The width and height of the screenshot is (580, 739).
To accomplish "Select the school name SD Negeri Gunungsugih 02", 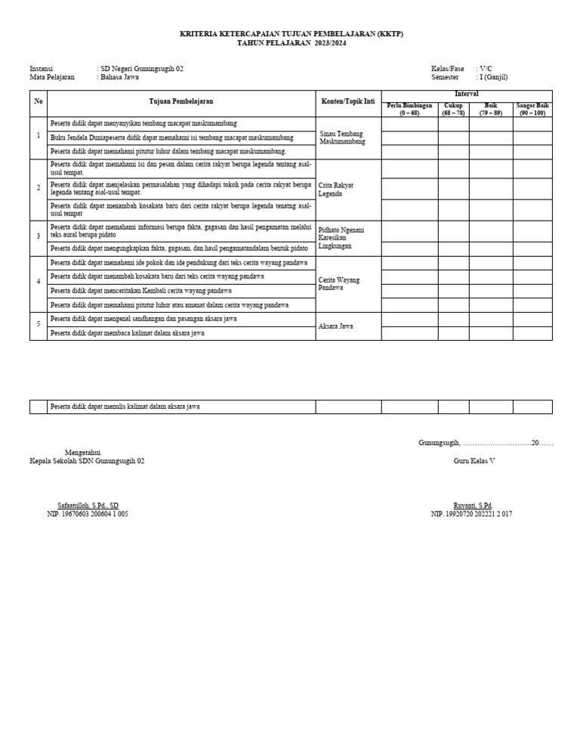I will (x=141, y=69).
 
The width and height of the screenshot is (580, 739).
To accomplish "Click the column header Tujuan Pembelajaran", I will (x=180, y=101).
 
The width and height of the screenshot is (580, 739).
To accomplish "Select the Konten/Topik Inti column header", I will (x=347, y=101).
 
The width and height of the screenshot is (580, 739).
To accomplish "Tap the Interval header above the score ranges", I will (x=466, y=94).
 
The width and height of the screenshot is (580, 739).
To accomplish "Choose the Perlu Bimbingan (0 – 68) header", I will (x=409, y=109).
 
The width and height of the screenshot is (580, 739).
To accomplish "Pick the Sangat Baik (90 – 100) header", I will (x=532, y=109).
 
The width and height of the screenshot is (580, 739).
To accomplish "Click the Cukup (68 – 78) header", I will (x=453, y=109).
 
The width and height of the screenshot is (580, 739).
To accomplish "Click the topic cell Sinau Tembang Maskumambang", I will (x=341, y=138).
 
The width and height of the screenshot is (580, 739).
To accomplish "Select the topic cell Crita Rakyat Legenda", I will (x=337, y=189).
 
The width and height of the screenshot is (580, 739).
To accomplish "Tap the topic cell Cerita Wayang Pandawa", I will (x=339, y=283).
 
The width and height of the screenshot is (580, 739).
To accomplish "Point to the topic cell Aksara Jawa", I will (x=337, y=326).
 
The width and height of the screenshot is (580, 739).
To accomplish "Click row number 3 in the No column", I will (x=39, y=236).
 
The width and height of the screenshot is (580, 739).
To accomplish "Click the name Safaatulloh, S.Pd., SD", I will (x=88, y=506).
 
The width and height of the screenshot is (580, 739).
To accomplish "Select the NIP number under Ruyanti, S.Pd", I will (x=471, y=514).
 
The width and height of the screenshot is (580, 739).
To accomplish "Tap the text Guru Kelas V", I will (x=474, y=460).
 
